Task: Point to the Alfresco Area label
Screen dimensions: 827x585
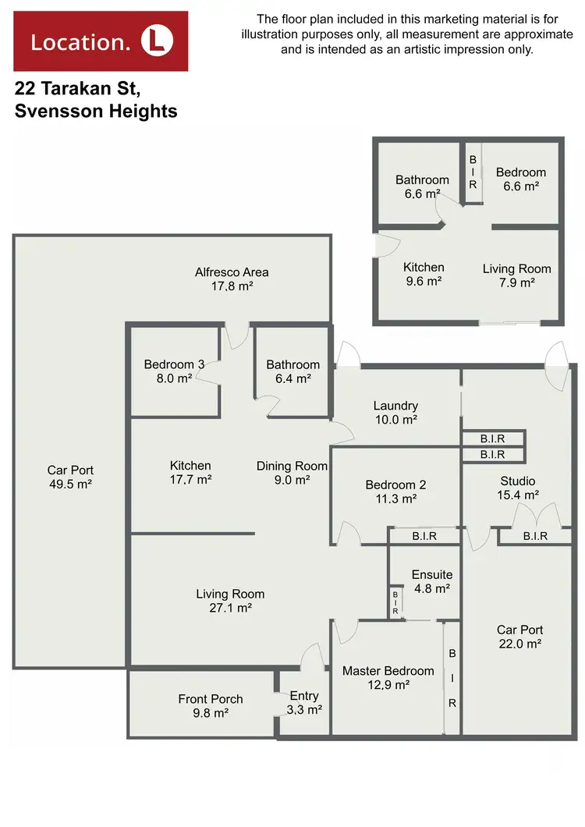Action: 232,272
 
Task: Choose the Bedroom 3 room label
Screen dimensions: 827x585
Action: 174,364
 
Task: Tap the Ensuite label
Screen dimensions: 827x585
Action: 432,575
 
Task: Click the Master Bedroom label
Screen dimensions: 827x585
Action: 388,671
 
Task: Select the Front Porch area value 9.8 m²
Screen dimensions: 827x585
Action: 211,713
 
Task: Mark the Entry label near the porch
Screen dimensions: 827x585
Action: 304,696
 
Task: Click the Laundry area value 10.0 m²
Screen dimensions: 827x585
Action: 395,420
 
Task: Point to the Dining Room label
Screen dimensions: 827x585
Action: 292,466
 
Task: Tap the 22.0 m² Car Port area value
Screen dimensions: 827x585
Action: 519,644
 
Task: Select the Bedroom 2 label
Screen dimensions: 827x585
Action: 395,484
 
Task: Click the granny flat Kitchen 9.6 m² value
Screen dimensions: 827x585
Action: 424,282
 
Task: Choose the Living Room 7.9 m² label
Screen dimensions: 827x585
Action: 516,269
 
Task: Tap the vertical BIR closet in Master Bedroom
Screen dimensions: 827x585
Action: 452,677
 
